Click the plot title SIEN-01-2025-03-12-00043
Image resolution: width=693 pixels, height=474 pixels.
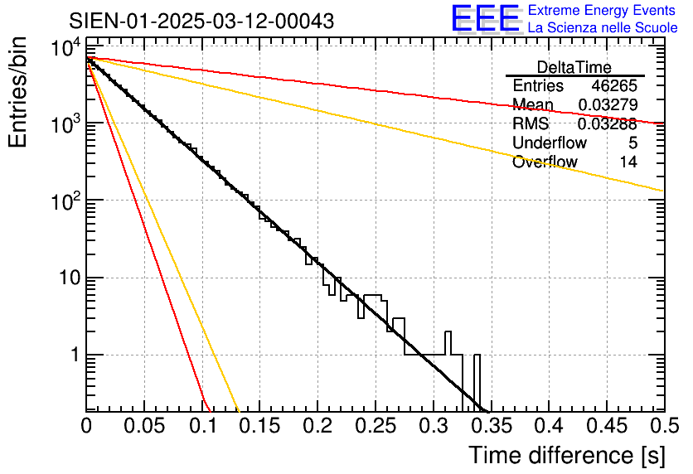(201, 21)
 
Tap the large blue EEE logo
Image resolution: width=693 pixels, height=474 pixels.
(485, 20)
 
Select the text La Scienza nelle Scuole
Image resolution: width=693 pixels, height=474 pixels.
(603, 28)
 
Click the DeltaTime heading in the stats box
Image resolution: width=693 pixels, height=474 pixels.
(574, 68)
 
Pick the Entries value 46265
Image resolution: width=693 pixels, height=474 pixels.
(614, 86)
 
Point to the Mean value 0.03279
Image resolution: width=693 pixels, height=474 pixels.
(608, 105)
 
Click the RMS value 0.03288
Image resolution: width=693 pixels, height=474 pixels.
(608, 124)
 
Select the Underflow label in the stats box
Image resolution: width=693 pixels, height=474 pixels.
(550, 143)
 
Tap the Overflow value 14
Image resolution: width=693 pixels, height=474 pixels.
(628, 162)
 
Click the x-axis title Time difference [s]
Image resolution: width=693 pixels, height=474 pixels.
(565, 455)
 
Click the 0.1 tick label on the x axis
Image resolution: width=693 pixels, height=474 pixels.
(201, 427)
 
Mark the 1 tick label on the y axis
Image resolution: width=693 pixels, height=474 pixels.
(72, 355)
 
